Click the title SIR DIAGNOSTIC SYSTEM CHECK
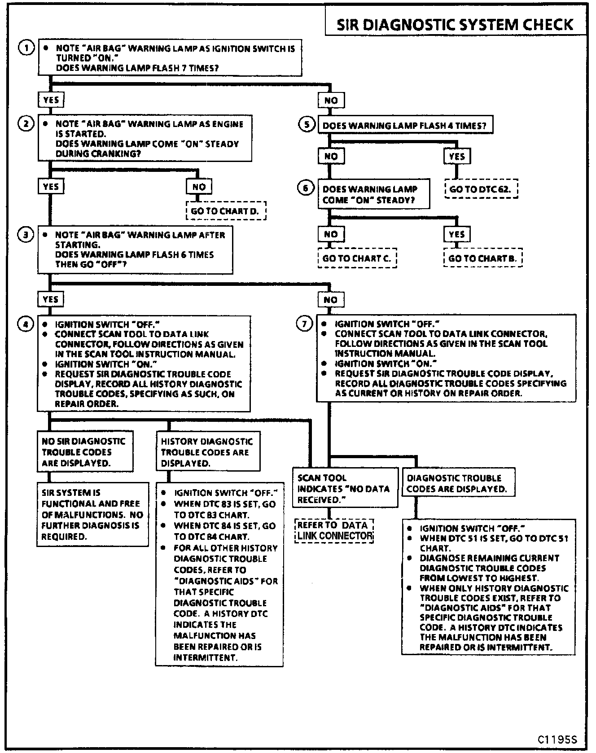[455, 24]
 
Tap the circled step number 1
[26, 48]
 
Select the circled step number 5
[307, 124]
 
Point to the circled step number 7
[305, 324]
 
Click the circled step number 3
[26, 234]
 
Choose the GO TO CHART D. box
[226, 211]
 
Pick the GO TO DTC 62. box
[481, 189]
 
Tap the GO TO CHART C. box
[357, 258]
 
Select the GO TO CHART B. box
[483, 258]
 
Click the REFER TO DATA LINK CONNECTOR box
[334, 530]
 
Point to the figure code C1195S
[557, 740]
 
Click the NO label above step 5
[331, 100]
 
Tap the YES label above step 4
[51, 299]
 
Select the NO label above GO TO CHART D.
[199, 187]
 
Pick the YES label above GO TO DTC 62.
[457, 156]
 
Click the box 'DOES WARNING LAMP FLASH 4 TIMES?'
[405, 126]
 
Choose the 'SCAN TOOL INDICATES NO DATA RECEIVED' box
[345, 488]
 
